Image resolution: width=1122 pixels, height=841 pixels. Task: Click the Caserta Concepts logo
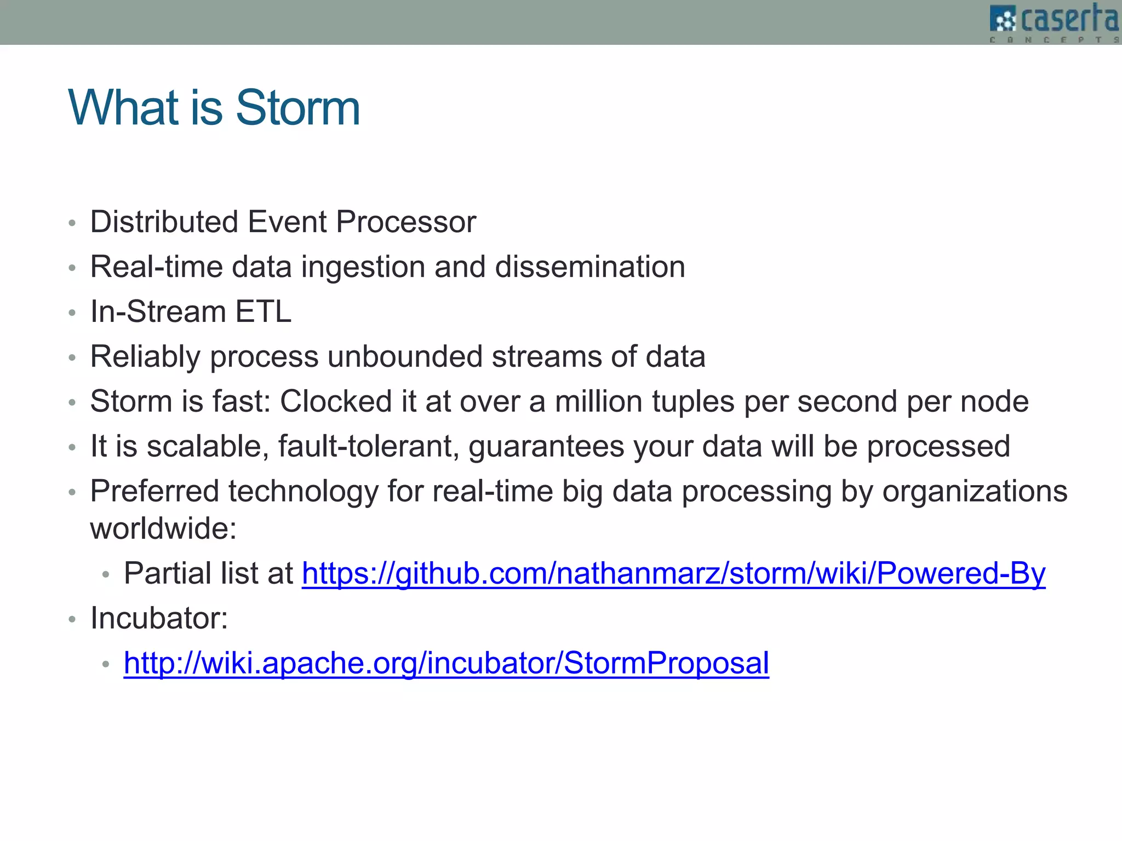(x=1055, y=22)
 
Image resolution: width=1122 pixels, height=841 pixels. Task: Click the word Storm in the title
(x=297, y=108)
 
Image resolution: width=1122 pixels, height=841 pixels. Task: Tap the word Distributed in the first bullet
(x=164, y=222)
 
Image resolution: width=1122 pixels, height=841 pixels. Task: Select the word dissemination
(x=590, y=267)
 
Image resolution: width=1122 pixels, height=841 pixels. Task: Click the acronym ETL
(x=263, y=312)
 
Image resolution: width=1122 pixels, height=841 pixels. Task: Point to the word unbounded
(x=404, y=356)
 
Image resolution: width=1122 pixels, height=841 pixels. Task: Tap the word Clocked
(x=336, y=401)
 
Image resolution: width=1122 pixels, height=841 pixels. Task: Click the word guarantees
(x=546, y=446)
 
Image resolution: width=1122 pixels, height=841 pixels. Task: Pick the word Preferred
(x=154, y=491)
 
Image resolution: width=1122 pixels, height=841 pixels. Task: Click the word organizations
(x=975, y=491)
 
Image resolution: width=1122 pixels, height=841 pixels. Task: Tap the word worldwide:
(x=163, y=528)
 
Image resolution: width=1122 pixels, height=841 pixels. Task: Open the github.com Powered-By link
(x=673, y=573)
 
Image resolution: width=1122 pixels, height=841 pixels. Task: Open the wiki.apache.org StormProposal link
(x=446, y=663)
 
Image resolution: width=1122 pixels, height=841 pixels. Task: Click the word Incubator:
(x=159, y=618)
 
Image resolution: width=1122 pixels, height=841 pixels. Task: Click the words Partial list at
(x=208, y=573)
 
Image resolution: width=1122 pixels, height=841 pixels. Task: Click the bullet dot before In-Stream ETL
(x=72, y=313)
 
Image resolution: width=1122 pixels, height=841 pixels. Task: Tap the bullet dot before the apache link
(x=106, y=665)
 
